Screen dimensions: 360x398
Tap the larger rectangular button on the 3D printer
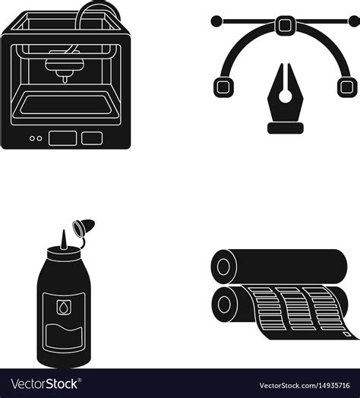coord(63,138)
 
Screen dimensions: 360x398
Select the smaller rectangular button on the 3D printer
coord(92,138)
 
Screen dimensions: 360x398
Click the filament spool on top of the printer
coord(98,10)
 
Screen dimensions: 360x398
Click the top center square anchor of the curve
coord(285,24)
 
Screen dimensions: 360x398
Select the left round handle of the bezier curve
coord(216,21)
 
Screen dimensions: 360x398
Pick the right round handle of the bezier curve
coord(355,21)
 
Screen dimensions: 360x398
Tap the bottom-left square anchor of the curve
coord(223,87)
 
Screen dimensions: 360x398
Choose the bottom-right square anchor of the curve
coord(347,87)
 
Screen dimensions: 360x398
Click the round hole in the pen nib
coord(286,96)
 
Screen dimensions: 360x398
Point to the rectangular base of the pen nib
coord(286,128)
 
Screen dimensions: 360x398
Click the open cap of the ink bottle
coord(84,227)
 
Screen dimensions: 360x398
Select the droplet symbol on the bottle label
coord(62,308)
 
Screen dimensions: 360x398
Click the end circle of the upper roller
coord(223,267)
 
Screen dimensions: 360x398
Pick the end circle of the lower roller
coord(224,305)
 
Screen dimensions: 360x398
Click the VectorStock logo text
coord(46,384)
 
